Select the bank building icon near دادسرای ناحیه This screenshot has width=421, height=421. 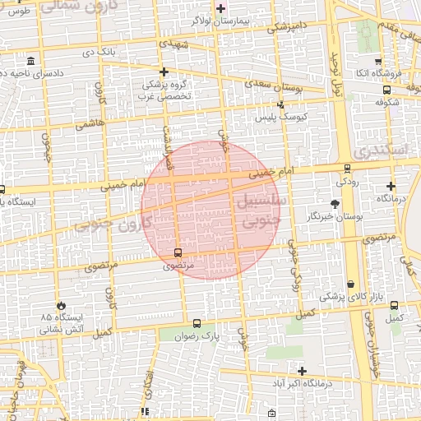[x=31, y=61]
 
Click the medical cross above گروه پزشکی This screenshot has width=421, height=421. [x=164, y=72]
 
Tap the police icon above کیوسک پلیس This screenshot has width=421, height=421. [x=281, y=105]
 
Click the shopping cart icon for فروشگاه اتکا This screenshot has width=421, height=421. [x=377, y=62]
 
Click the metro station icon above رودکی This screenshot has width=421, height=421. [x=347, y=169]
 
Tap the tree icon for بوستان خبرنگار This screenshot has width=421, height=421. [x=335, y=203]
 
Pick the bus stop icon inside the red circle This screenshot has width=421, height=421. [x=178, y=252]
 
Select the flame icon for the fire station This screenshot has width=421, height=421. [x=58, y=304]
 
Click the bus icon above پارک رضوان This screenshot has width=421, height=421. [x=196, y=324]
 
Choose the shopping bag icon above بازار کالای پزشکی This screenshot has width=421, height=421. [x=351, y=284]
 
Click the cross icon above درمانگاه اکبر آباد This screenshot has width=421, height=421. [x=302, y=371]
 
